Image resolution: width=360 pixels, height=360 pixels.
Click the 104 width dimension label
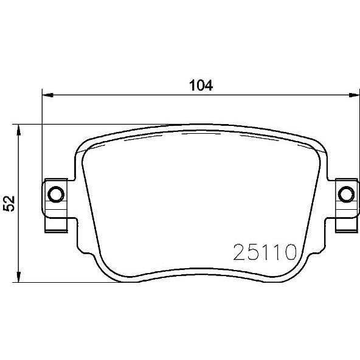pos(201,85)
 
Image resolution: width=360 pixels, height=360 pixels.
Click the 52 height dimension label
pos(9,204)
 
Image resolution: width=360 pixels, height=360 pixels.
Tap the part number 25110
pos(265,252)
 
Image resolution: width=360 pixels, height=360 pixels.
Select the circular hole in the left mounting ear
pos(56,194)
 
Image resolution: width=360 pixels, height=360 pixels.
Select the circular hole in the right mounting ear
pos(346,194)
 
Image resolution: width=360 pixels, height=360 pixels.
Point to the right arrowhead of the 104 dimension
pos(354,95)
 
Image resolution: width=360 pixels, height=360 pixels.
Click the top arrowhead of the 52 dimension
pos(19,130)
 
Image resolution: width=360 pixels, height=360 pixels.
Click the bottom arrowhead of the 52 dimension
pos(19,277)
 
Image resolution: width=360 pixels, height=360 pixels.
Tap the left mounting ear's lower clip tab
pos(56,225)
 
